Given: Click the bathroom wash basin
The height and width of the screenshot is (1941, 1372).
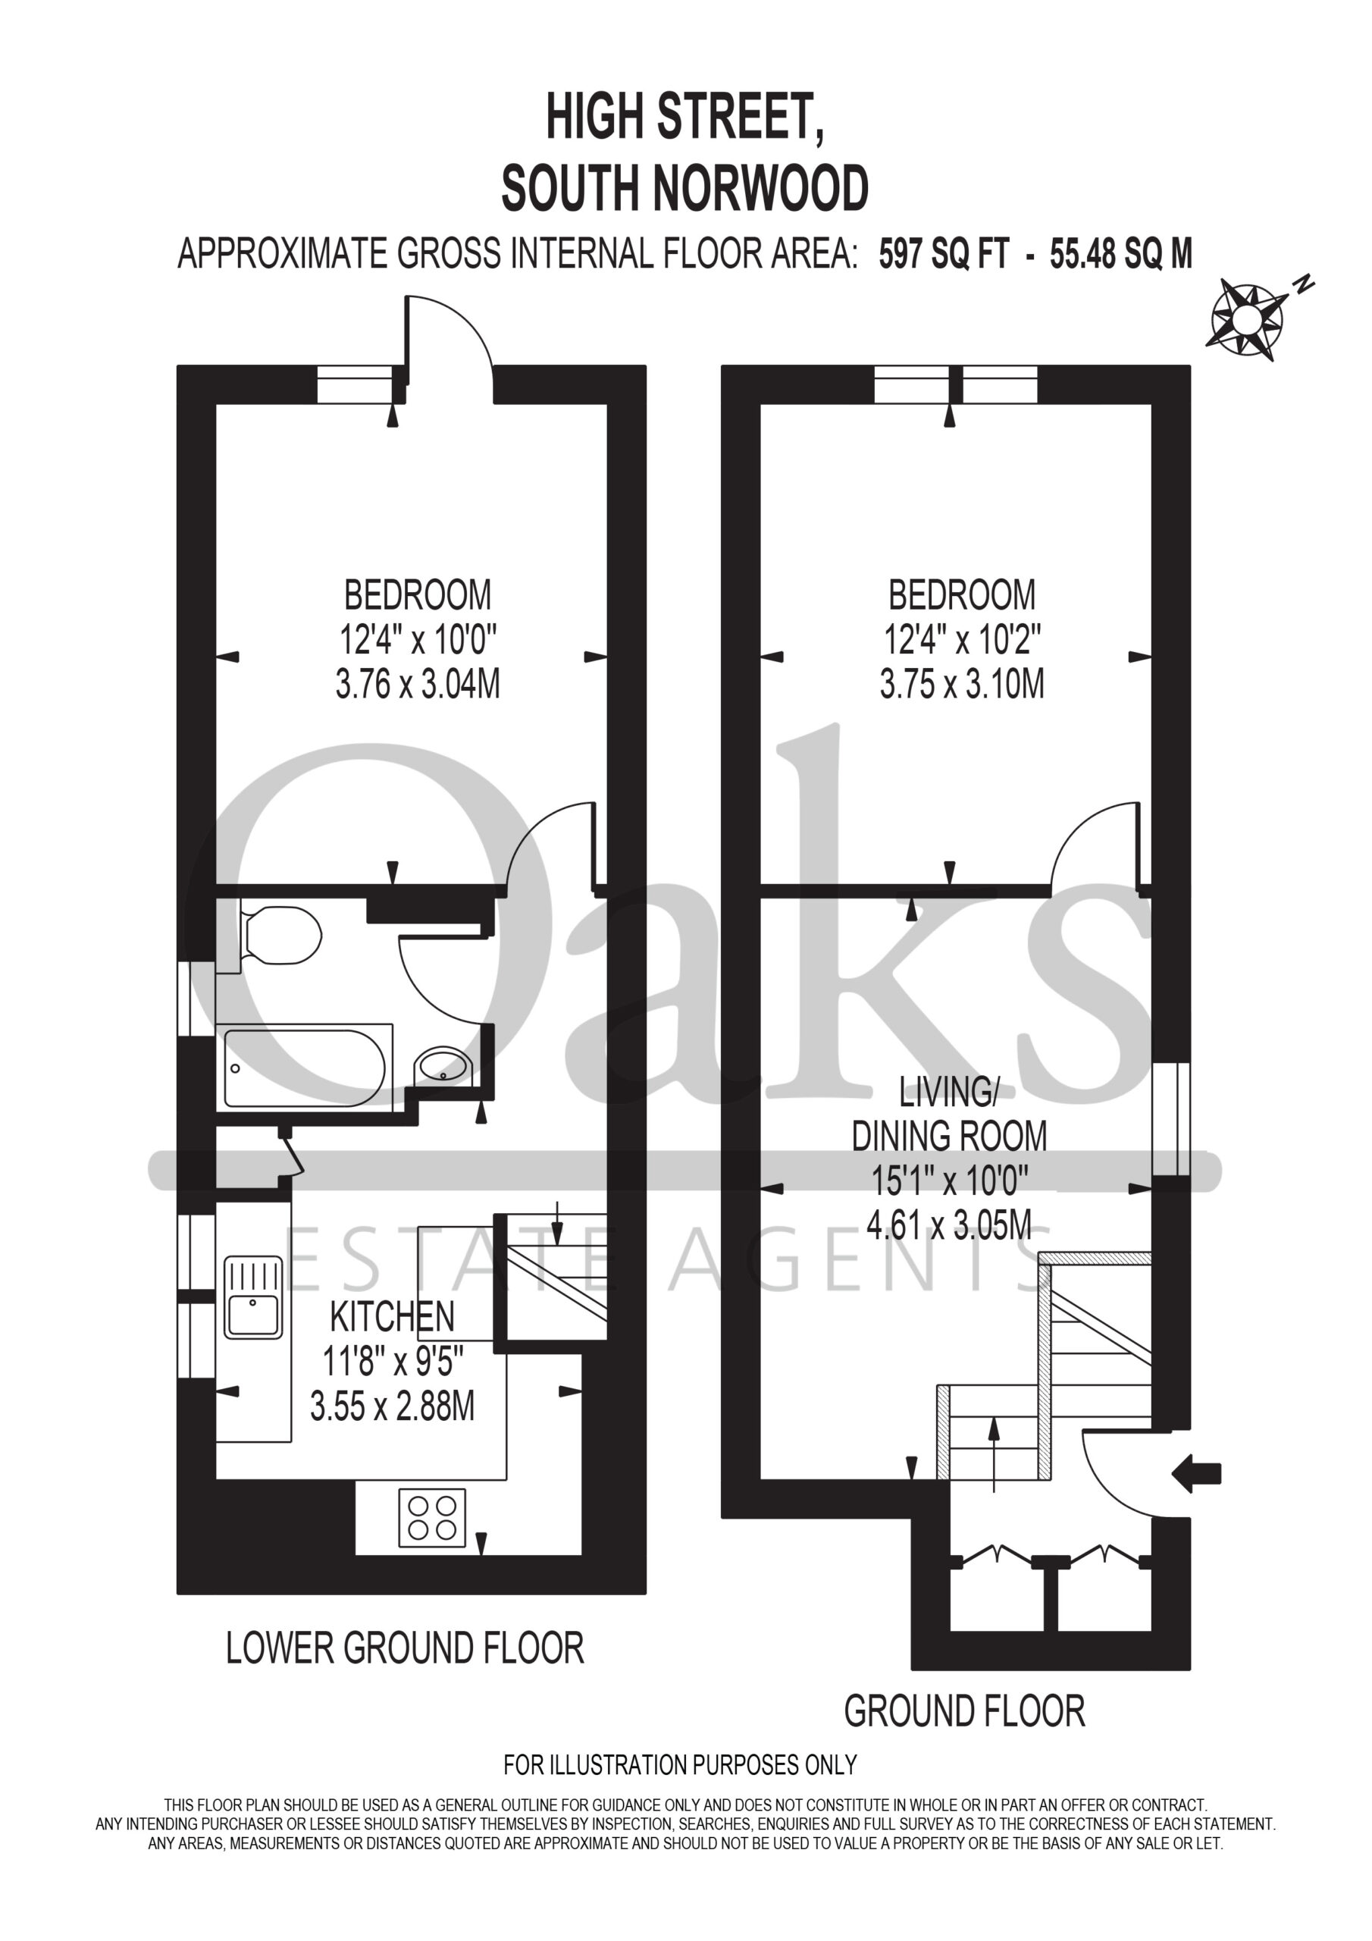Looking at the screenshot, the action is click(443, 1067).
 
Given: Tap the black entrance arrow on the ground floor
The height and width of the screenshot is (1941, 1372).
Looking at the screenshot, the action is click(1196, 1475).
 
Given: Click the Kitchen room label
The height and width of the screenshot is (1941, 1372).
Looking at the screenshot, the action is click(392, 1316).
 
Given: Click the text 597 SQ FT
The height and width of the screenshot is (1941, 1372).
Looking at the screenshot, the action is click(944, 253).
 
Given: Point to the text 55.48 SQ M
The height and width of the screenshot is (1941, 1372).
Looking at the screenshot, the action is click(1121, 253).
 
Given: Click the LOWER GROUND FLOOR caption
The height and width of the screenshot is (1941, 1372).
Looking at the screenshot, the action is click(405, 1648).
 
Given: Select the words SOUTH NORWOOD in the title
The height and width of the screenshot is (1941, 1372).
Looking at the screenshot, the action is click(684, 188).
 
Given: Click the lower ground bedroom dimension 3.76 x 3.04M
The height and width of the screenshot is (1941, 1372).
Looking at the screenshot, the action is click(418, 684).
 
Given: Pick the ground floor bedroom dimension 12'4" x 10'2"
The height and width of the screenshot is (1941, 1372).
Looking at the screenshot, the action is click(962, 640).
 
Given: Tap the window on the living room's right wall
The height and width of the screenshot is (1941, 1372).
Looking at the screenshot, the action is click(1171, 1119).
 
